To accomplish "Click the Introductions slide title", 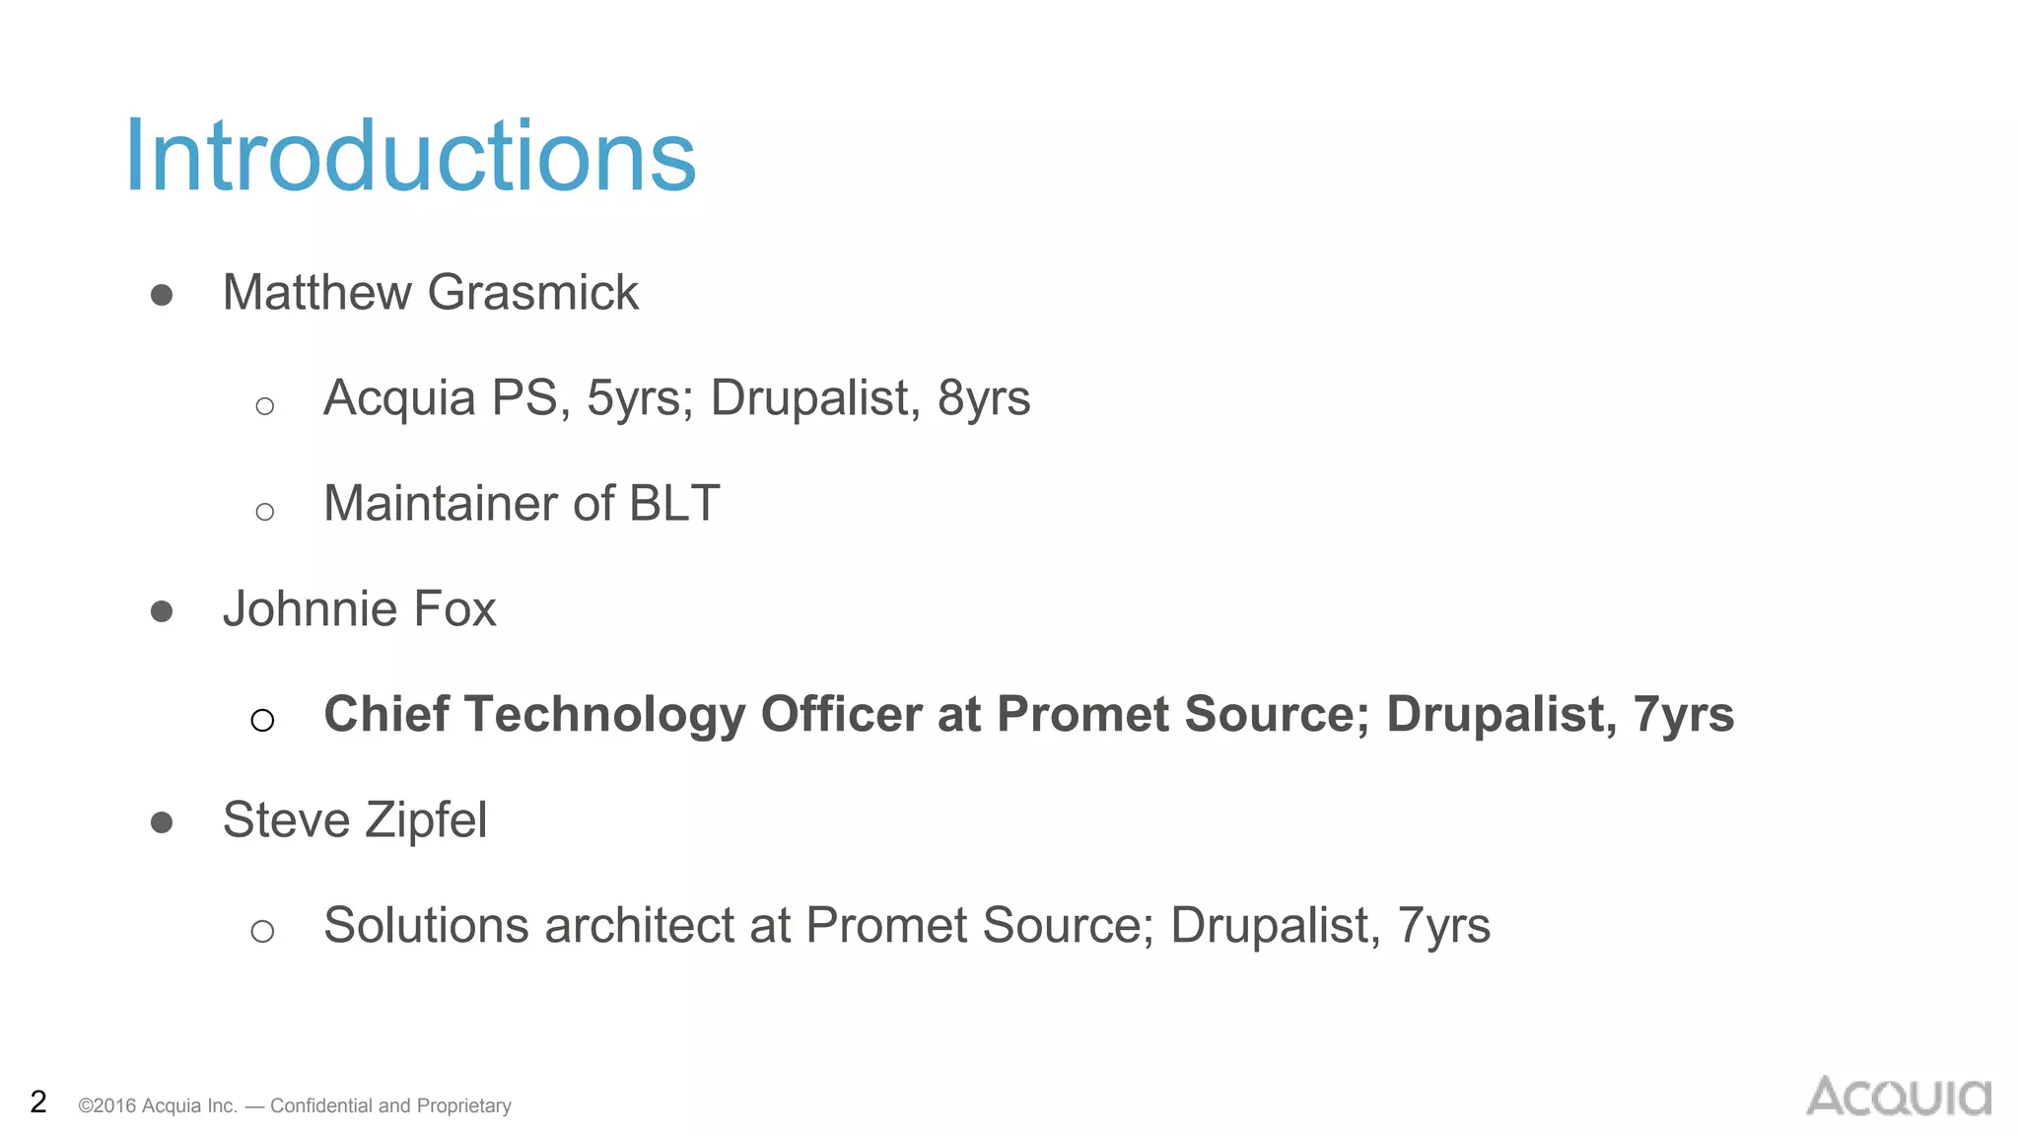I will [410, 156].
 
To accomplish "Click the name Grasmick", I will [533, 293].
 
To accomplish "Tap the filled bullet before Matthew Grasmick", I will [162, 295].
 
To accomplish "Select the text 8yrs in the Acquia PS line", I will [984, 398].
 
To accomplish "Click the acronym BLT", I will [674, 504].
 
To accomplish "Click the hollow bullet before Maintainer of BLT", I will [264, 512].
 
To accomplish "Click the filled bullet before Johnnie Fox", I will [162, 611].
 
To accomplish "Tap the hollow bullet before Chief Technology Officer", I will [262, 721].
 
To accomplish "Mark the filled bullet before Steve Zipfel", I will [162, 822].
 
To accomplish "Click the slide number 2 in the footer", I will [38, 1101].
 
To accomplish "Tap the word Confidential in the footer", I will [323, 1105].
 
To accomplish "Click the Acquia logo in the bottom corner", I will [1898, 1097].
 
